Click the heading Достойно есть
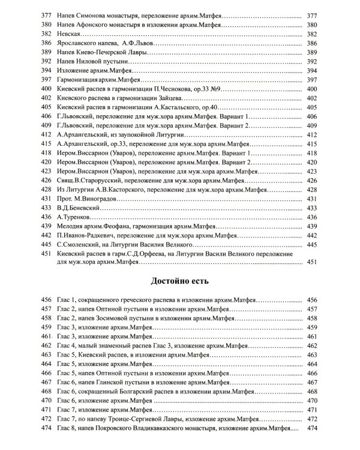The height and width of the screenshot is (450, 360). pos(179,283)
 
